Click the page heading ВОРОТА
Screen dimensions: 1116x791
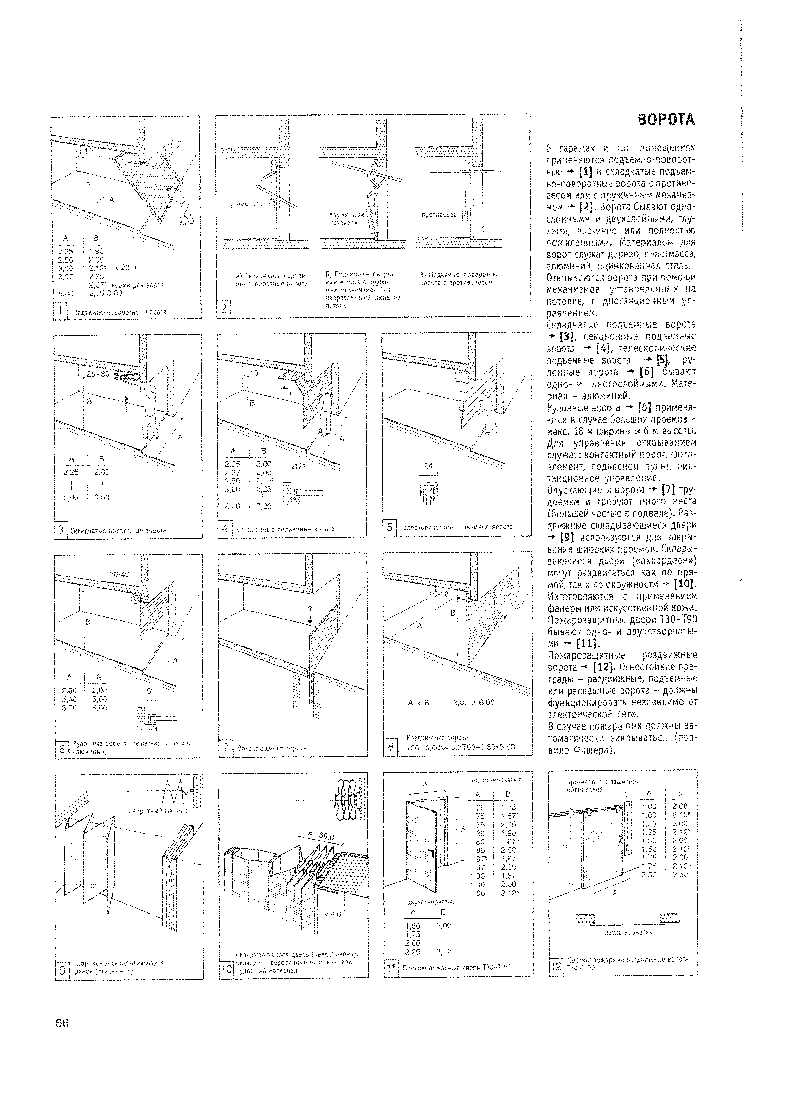[x=666, y=120]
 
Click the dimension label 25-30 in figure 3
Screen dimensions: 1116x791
[x=97, y=374]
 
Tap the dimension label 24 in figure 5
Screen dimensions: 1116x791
[x=428, y=466]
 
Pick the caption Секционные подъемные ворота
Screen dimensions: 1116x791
[x=285, y=529]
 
